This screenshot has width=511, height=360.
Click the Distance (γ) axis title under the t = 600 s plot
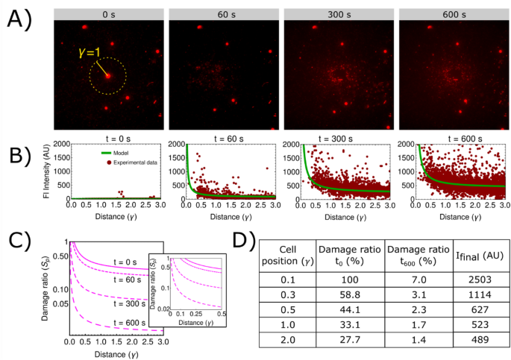(451, 217)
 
